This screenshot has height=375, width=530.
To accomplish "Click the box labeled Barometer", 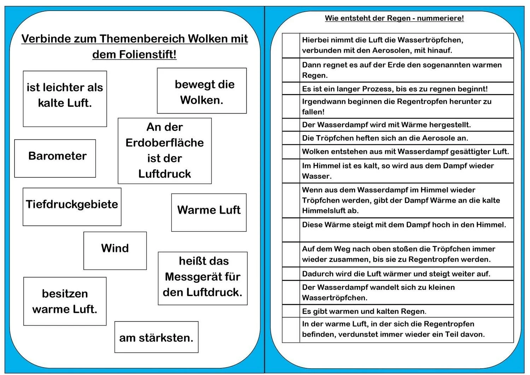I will (55, 158).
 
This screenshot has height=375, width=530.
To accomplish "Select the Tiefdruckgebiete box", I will (72, 207).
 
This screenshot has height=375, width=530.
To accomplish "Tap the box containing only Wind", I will (115, 250).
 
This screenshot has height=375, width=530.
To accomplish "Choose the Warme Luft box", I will (208, 212).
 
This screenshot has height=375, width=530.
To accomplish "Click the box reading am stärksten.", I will (156, 337).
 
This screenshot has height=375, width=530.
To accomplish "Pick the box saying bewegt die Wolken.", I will (202, 91).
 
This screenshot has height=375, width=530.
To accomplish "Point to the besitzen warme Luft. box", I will (65, 301).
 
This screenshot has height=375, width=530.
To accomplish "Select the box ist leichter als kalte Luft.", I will (65, 99).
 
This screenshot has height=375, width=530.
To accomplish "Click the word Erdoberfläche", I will (165, 143).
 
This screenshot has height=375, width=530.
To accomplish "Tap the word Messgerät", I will (202, 277).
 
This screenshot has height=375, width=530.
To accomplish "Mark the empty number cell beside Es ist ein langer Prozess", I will (291, 88).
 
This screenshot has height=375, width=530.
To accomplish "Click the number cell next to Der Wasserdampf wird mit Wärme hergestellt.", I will (291, 125).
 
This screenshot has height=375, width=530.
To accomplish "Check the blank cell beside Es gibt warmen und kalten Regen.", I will (291, 311).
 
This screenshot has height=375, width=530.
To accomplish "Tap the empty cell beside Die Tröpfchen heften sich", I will (291, 138).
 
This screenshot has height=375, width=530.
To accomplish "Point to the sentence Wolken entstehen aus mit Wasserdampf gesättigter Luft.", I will (405, 152).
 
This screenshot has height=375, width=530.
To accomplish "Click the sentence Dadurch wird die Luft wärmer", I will (396, 274).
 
